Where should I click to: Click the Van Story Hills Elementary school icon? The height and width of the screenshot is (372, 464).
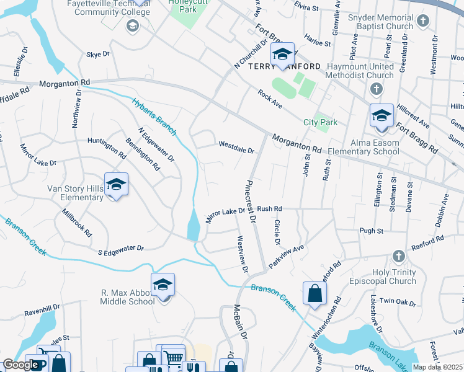click(x=116, y=184)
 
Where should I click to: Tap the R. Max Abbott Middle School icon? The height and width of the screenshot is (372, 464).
click(x=163, y=285)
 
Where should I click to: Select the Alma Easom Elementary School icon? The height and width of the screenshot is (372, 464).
click(x=381, y=116)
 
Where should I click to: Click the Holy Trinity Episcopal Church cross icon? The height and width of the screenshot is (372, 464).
click(x=398, y=256)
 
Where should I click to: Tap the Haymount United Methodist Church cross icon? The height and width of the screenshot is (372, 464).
click(x=376, y=90)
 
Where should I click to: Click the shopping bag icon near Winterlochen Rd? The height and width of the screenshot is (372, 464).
click(x=315, y=293)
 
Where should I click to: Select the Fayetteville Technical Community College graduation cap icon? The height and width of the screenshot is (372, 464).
click(x=132, y=25)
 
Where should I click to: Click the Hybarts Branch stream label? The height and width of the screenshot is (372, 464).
click(x=154, y=116)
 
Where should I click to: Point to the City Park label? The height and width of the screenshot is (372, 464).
click(x=320, y=122)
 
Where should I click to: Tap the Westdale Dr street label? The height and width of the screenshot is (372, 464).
click(x=236, y=149)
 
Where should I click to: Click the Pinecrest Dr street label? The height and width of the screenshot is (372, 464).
click(x=251, y=201)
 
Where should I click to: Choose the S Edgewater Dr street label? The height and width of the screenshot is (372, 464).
click(x=120, y=249)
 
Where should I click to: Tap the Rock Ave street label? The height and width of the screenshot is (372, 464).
click(x=270, y=99)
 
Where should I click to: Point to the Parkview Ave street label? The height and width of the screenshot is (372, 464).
click(x=286, y=256)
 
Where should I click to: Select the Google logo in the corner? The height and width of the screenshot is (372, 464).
click(x=20, y=365)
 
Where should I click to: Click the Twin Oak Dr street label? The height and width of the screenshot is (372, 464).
click(x=398, y=301)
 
